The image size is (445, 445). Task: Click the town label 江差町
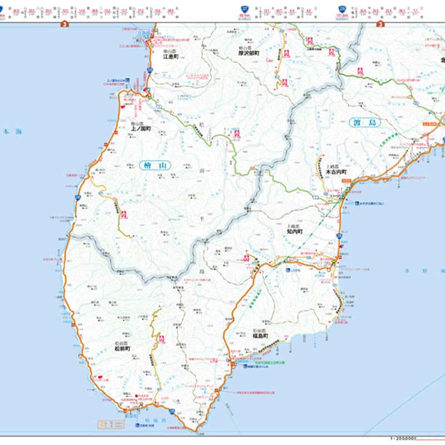170,57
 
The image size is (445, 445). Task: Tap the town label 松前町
122,349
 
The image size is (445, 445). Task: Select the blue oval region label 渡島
364,123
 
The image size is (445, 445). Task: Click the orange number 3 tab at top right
381,24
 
